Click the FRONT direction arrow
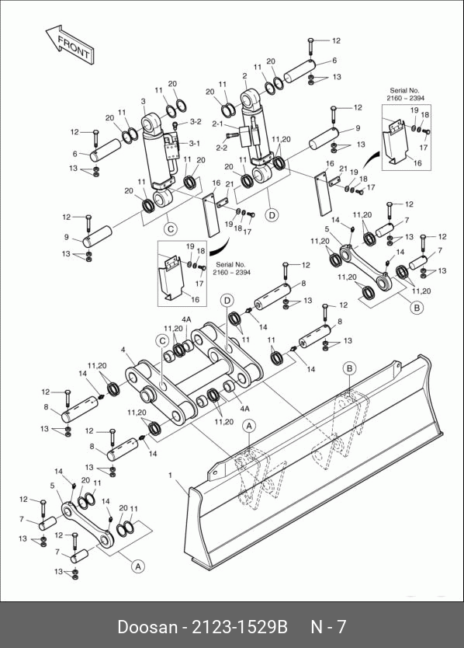[71, 44]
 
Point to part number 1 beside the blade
[170, 476]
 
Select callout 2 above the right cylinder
[244, 76]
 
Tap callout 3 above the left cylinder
[144, 101]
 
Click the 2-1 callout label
[217, 124]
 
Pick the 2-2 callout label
[222, 148]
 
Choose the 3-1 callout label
[195, 144]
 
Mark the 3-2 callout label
[196, 121]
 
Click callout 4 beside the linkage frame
[123, 350]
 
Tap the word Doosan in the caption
[147, 627]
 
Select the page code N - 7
[328, 627]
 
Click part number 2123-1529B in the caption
[240, 627]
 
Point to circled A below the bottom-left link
[138, 566]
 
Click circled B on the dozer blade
[350, 368]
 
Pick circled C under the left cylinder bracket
[170, 229]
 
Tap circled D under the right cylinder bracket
[272, 215]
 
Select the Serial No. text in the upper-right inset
[404, 90]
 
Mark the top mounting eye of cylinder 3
[151, 124]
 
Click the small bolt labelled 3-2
[175, 124]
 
